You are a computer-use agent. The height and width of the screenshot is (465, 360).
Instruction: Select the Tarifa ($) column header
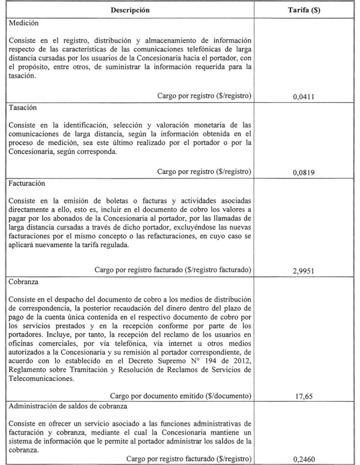point(303,10)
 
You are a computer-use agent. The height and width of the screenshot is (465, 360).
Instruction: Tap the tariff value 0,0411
point(303,96)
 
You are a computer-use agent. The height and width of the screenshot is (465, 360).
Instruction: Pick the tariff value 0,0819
point(303,173)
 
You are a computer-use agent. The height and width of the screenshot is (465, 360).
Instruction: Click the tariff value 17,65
point(303,397)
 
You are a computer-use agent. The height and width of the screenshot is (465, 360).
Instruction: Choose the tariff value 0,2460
point(303,459)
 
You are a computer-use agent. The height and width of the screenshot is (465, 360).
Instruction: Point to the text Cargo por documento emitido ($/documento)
point(181,396)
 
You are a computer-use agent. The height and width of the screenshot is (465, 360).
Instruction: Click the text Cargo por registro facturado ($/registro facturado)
point(173,270)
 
